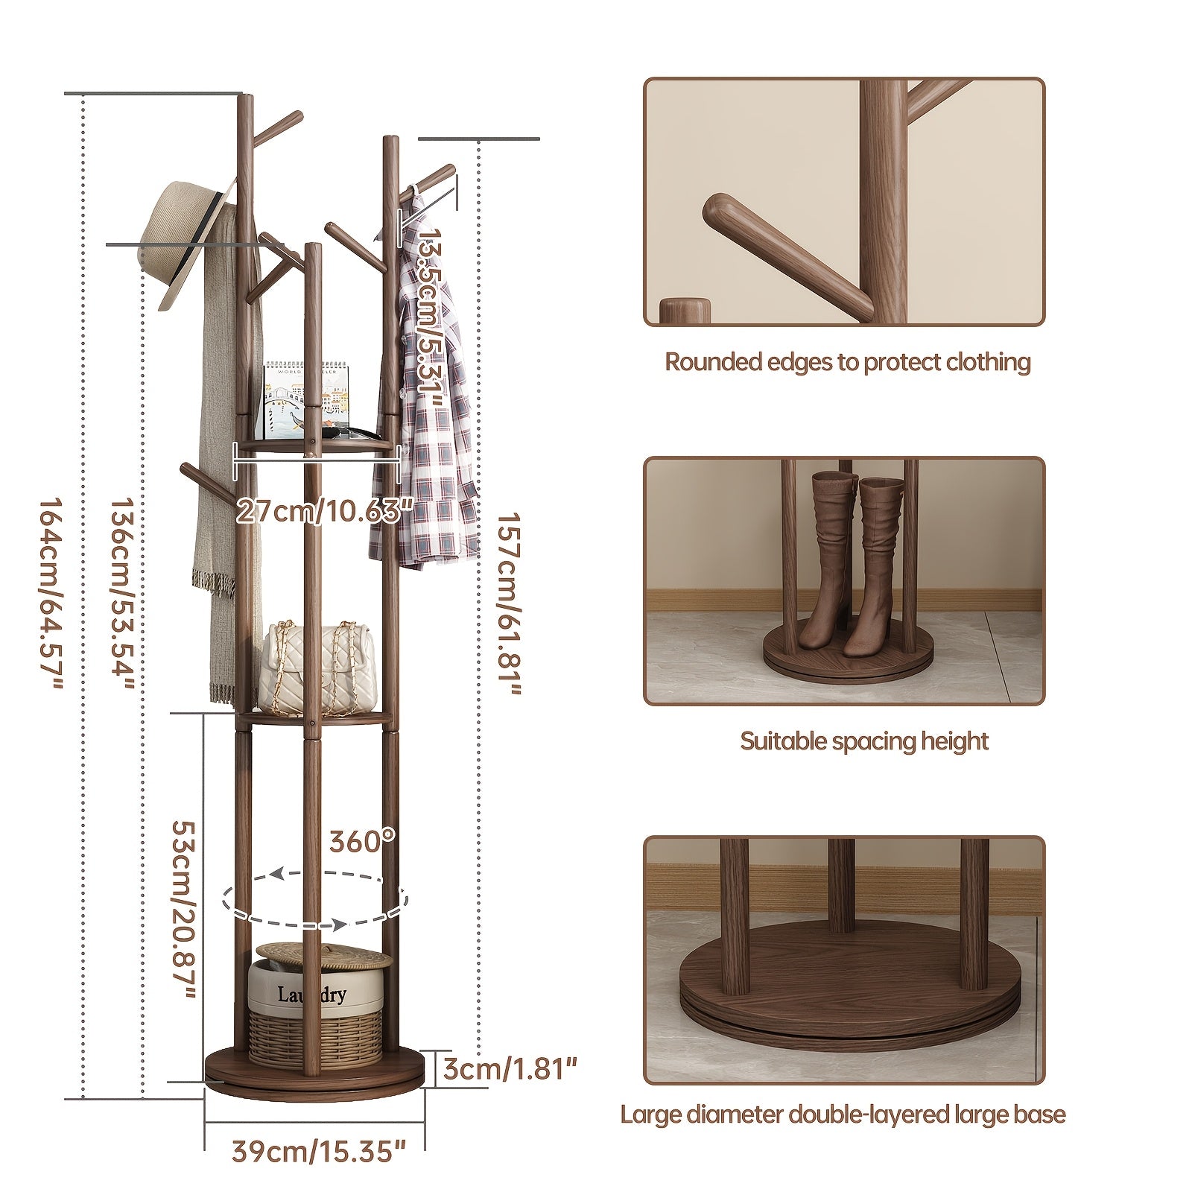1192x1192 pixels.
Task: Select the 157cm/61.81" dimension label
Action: point(510,604)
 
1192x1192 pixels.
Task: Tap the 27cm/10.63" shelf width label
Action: point(325,512)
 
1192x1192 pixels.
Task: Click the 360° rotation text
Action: point(363,841)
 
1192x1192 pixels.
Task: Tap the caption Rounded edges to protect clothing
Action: point(847,363)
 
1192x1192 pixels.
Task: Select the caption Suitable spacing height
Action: point(864,741)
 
